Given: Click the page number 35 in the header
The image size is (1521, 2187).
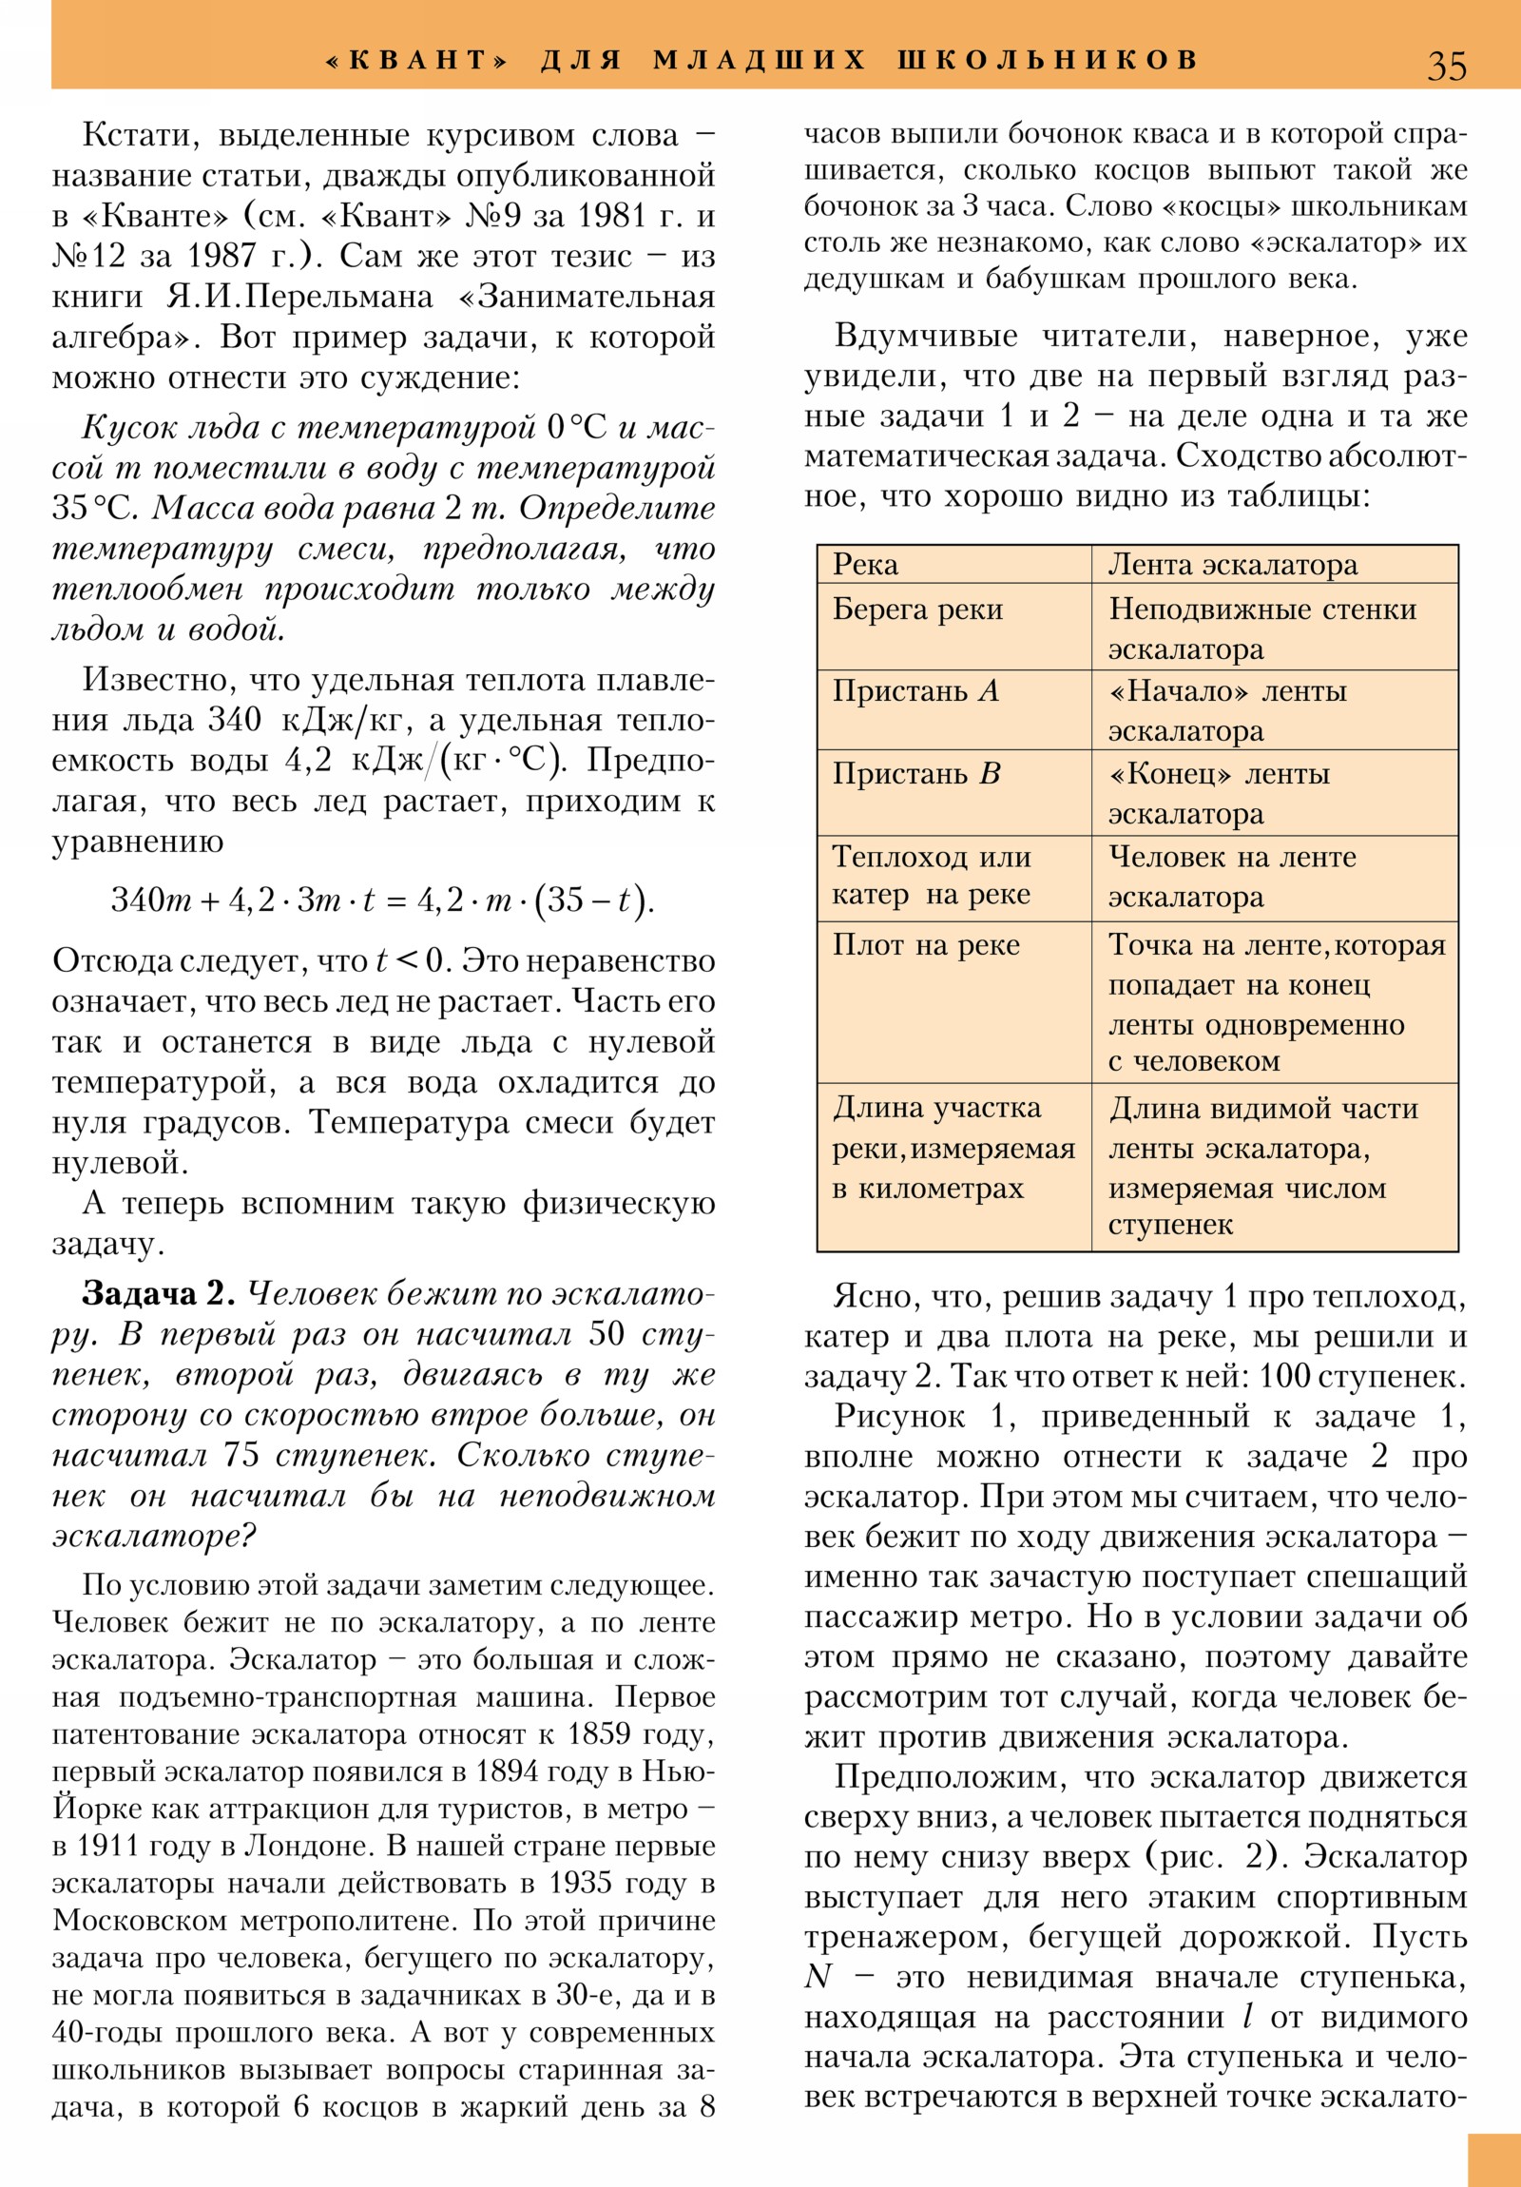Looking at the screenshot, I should [x=1446, y=66].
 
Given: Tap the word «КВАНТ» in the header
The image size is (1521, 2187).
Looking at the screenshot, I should [x=417, y=60].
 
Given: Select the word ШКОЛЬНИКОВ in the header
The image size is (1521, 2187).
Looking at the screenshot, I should [x=1047, y=60].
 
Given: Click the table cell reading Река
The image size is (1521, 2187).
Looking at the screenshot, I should [x=865, y=565].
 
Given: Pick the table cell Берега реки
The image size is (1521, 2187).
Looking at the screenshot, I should [x=917, y=610].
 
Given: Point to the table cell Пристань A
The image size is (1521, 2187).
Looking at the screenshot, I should [x=915, y=690].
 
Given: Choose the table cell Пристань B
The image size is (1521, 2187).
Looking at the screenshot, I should [x=916, y=772].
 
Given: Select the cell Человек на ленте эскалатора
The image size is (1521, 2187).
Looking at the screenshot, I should [x=1232, y=877].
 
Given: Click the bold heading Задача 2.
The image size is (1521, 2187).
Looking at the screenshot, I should [x=158, y=1293].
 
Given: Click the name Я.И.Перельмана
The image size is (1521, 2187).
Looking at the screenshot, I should [x=299, y=298].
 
